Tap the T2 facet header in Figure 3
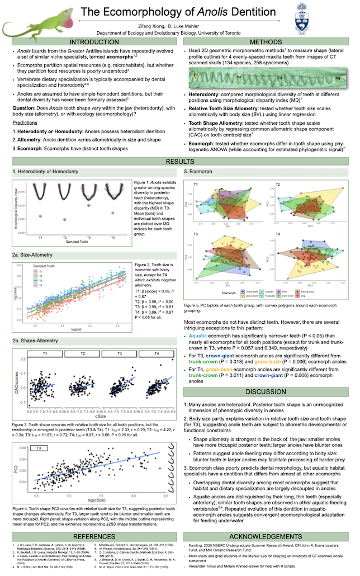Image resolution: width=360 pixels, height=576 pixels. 83,354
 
